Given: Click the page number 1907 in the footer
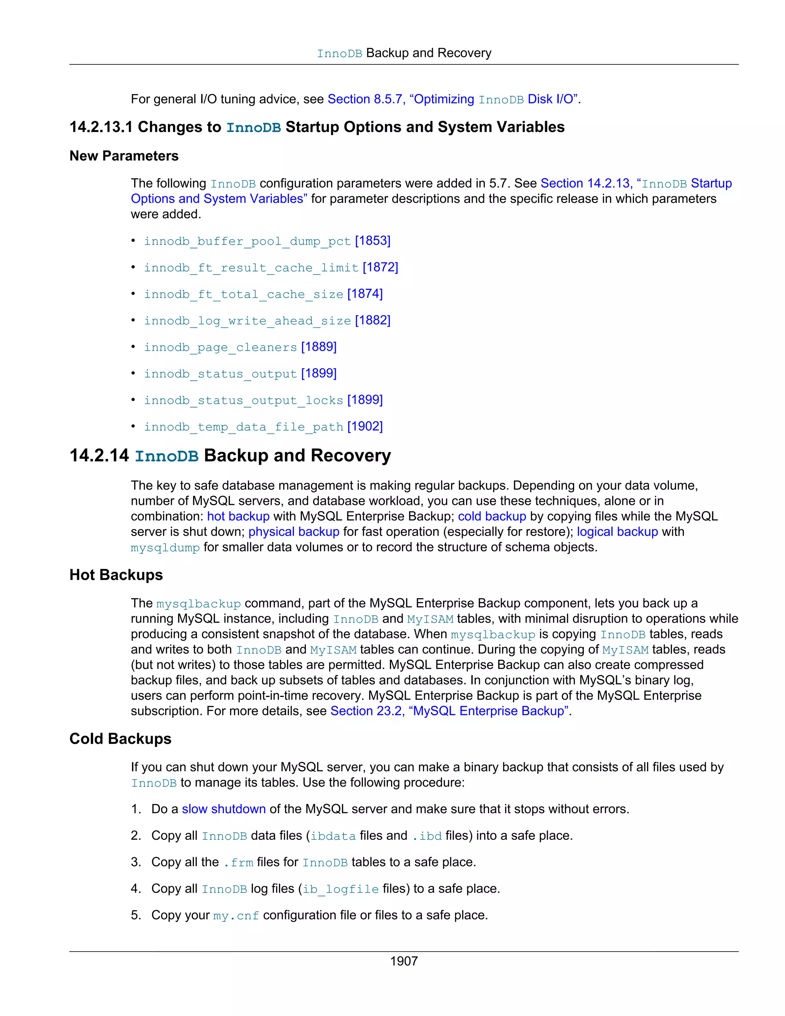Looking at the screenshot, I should [x=404, y=961].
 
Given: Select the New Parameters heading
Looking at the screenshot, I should [x=124, y=156].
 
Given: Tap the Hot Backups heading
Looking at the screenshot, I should [x=116, y=575].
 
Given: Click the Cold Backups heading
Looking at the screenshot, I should [x=120, y=739].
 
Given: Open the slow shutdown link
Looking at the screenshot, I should [x=224, y=809].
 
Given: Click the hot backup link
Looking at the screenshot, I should [x=238, y=516].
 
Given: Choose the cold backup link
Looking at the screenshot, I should [x=492, y=516].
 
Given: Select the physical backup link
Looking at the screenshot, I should [x=294, y=532].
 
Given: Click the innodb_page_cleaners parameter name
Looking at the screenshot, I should [x=220, y=347].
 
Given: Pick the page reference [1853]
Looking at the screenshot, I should [x=373, y=241].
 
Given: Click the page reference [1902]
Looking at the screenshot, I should [x=365, y=427].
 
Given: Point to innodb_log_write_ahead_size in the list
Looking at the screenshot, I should [x=247, y=321].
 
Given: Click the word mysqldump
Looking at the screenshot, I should [x=165, y=548].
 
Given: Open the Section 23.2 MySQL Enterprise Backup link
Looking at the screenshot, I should [x=449, y=711].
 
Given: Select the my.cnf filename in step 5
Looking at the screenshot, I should [x=236, y=916].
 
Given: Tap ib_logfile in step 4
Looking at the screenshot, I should [x=340, y=889].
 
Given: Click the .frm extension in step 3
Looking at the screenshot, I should [x=238, y=863].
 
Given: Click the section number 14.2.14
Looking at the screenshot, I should [x=99, y=455].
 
